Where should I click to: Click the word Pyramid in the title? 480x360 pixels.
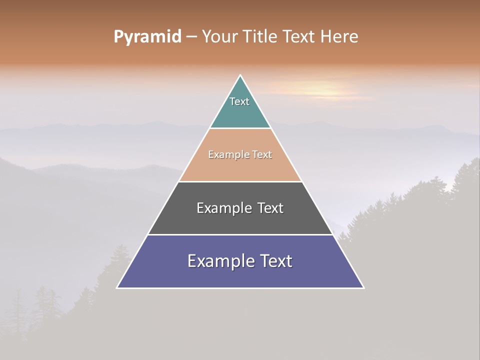tap(147, 37)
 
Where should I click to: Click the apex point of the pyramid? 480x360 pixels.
tap(240, 76)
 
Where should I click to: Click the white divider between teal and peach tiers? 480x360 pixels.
tap(240, 128)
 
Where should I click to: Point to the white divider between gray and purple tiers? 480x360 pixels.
tap(240, 234)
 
